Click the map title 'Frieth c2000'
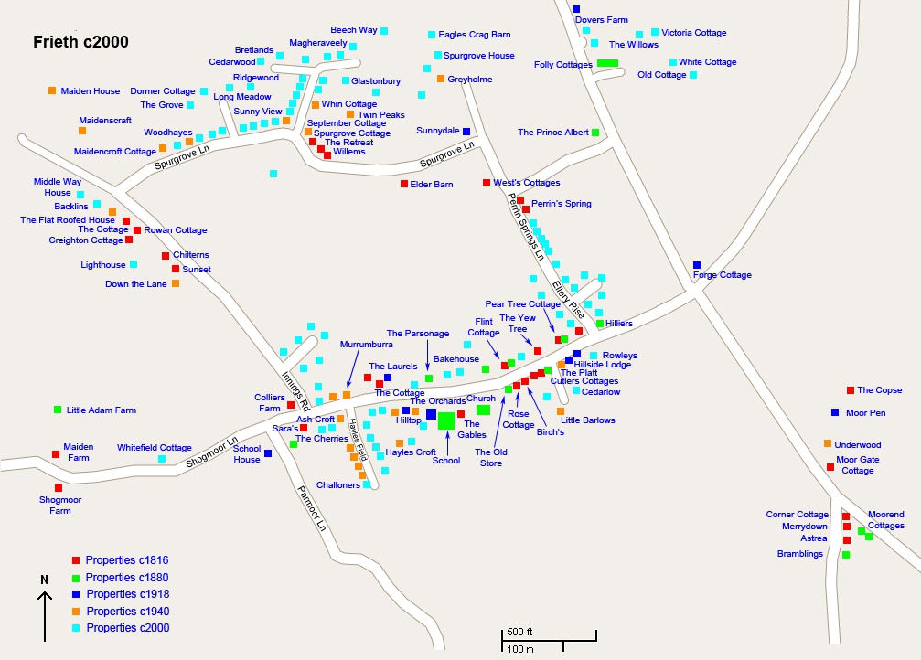point(80,42)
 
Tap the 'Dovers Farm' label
point(602,20)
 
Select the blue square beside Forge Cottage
point(697,265)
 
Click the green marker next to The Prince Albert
point(595,133)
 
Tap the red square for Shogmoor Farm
point(59,488)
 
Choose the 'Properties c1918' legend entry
point(127,594)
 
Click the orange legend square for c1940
point(77,611)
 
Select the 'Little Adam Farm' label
point(101,410)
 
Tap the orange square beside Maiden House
point(52,90)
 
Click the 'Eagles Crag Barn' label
point(474,35)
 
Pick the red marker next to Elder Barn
point(404,184)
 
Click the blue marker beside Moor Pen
point(835,412)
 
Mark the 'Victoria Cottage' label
point(693,33)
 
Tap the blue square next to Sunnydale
point(466,132)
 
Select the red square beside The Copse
point(851,390)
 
